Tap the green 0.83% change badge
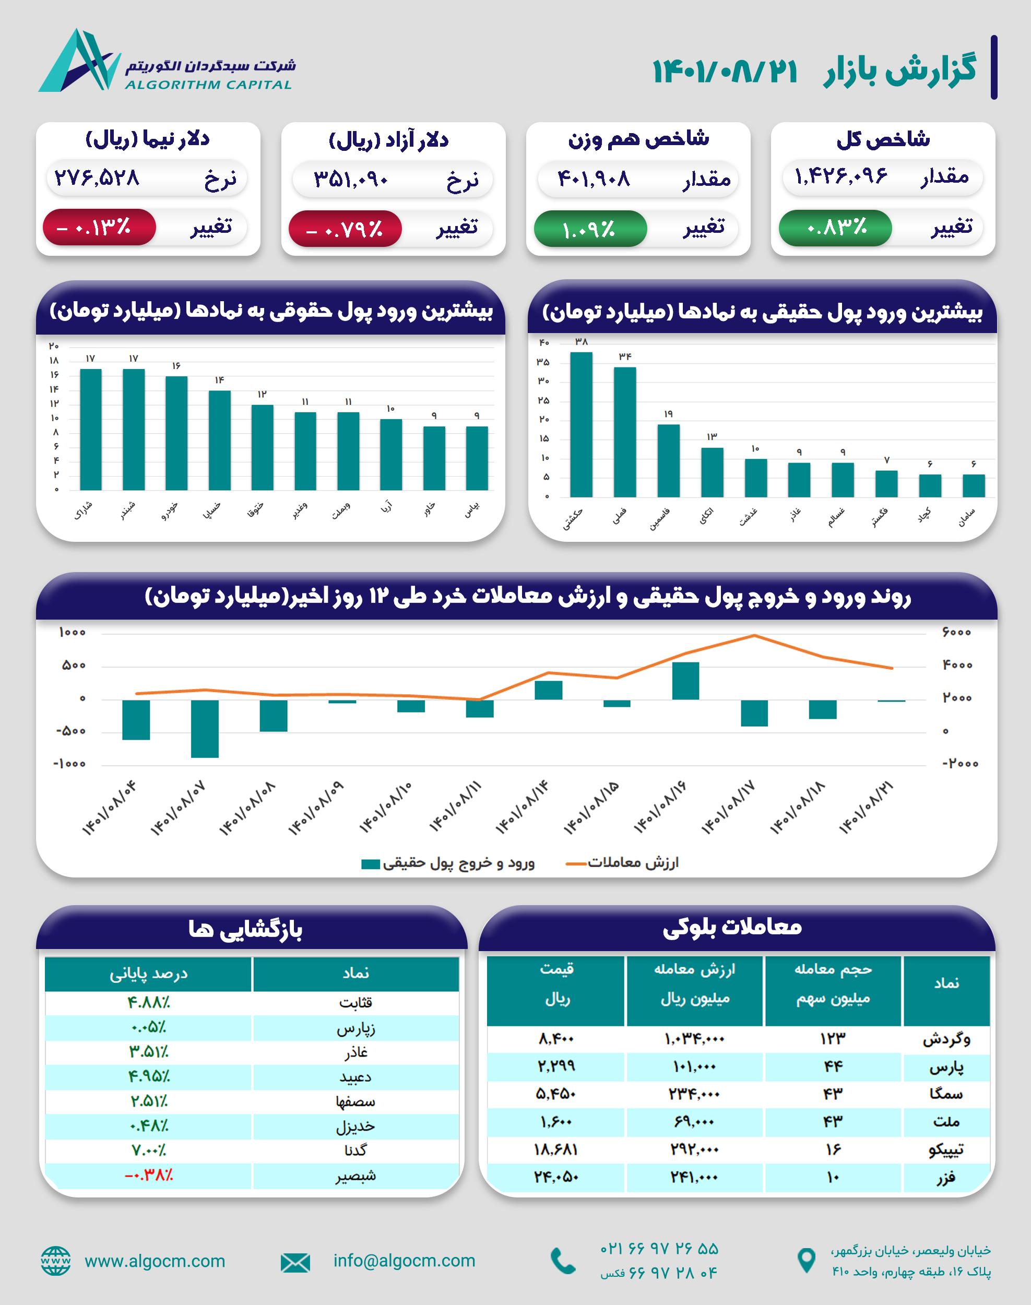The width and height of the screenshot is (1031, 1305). [835, 228]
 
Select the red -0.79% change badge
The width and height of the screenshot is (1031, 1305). [345, 229]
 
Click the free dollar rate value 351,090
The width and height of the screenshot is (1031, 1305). [351, 179]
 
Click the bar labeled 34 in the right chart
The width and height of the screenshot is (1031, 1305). [625, 432]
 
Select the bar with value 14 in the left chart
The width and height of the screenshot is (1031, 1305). [219, 440]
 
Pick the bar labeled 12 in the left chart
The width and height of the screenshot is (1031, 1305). [262, 447]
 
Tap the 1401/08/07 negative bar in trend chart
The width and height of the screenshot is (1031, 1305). [205, 729]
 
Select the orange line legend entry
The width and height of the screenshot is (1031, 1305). [622, 862]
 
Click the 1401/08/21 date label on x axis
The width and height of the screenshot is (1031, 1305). [866, 807]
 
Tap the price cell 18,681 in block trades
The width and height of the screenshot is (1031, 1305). [555, 1150]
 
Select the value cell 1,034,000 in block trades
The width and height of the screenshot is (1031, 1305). [694, 1039]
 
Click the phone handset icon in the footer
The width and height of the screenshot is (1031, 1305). [563, 1261]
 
